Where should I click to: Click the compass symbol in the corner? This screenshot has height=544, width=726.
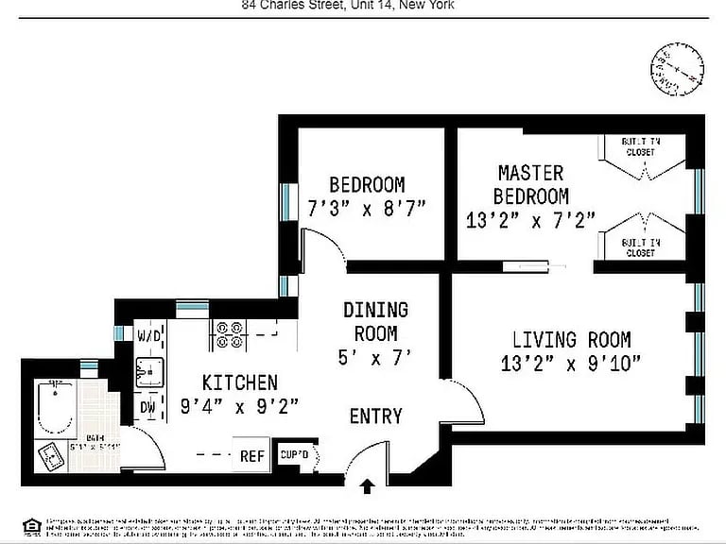click(x=677, y=69)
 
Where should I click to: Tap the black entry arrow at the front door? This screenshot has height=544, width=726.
click(x=368, y=487)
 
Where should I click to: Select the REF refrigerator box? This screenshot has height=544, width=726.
click(x=251, y=455)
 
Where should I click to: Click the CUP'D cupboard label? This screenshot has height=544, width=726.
click(x=295, y=455)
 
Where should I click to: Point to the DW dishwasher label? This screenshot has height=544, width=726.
click(x=147, y=408)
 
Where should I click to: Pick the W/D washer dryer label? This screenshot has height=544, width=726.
click(x=148, y=335)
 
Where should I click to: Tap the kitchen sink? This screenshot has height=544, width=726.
click(x=148, y=372)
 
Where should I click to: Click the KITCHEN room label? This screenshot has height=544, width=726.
click(x=240, y=382)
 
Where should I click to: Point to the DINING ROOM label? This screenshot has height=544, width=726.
click(x=375, y=321)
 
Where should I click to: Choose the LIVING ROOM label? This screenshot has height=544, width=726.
click(x=571, y=340)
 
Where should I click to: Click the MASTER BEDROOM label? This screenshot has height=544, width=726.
click(x=531, y=185)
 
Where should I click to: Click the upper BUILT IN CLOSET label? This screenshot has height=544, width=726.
click(x=640, y=145)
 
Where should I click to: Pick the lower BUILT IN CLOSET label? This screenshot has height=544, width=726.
click(x=640, y=247)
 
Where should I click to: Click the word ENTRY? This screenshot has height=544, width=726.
click(x=375, y=416)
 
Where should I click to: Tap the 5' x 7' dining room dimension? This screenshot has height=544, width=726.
click(x=375, y=358)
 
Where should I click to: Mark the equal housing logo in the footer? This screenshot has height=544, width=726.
click(x=32, y=525)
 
